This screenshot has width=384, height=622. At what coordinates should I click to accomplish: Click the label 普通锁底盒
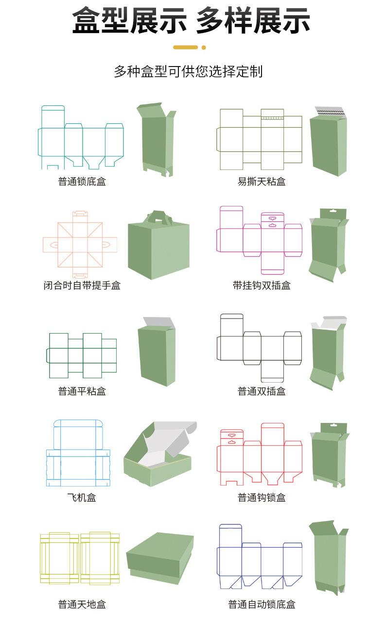click(82, 182)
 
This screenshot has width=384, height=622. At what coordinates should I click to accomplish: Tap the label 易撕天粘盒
click(262, 182)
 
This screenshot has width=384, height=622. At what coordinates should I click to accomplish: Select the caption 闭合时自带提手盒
click(82, 286)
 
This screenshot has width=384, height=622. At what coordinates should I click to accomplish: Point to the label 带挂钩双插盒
click(262, 286)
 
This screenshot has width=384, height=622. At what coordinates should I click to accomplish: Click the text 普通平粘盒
click(82, 391)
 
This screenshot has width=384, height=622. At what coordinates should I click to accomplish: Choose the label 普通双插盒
click(262, 391)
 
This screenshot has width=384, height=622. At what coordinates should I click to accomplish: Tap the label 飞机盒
click(82, 497)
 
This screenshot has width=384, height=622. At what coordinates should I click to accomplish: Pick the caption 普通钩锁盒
click(262, 497)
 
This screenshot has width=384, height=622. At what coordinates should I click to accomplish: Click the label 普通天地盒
click(82, 605)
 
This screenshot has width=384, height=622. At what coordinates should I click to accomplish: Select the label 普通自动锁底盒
click(262, 605)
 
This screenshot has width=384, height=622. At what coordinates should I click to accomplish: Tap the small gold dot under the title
click(204, 48)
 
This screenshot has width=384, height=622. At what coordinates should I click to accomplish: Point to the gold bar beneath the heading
click(186, 48)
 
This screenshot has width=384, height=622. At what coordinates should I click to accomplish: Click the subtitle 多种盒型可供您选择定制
click(188, 71)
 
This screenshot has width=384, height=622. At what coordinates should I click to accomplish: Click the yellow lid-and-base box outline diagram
click(80, 558)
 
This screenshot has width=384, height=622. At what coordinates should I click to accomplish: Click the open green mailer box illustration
click(160, 454)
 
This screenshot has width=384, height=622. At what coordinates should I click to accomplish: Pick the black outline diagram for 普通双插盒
click(259, 348)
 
